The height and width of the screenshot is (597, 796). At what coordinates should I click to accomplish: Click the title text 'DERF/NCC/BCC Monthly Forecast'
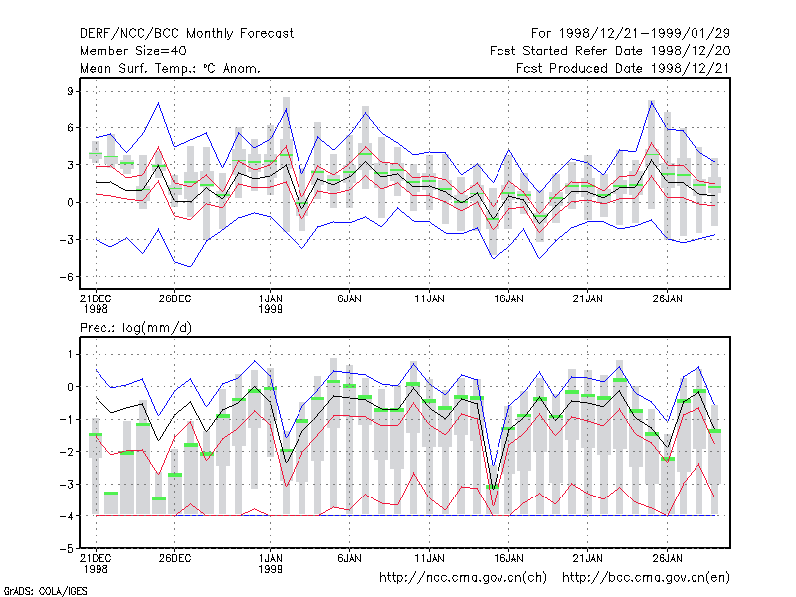point(186,34)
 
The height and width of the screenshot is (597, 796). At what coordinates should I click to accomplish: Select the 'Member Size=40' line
point(133,51)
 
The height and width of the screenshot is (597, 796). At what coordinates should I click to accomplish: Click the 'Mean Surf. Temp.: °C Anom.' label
point(170,68)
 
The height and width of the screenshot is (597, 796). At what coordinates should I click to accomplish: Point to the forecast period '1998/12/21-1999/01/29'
point(644,34)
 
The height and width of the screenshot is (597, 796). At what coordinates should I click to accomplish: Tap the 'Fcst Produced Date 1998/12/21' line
point(623,68)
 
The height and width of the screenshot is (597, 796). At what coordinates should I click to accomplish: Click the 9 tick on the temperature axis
point(70,91)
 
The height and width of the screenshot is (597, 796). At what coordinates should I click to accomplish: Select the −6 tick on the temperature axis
point(67,277)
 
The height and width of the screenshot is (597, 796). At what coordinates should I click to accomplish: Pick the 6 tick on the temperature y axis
point(70,128)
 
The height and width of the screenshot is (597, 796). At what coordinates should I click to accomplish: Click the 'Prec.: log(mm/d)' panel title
point(135,328)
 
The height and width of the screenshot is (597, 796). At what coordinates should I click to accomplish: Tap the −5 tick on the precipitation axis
point(67,549)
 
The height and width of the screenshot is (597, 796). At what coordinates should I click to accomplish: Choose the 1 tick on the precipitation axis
point(70,354)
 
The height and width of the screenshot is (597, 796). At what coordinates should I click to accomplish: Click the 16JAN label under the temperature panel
point(508,298)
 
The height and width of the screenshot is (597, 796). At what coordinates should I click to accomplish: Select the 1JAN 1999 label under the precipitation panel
point(270,563)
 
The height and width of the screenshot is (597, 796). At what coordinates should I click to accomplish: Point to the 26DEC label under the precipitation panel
point(175,558)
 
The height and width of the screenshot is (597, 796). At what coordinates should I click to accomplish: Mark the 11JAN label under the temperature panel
point(429,298)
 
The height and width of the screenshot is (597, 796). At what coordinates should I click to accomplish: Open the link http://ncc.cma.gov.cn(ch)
point(463,578)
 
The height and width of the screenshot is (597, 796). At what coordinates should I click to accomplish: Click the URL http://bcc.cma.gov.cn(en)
point(646,578)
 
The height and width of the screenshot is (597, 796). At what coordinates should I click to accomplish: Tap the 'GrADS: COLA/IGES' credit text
point(45,591)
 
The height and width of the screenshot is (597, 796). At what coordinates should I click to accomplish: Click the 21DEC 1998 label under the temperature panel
point(96,303)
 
